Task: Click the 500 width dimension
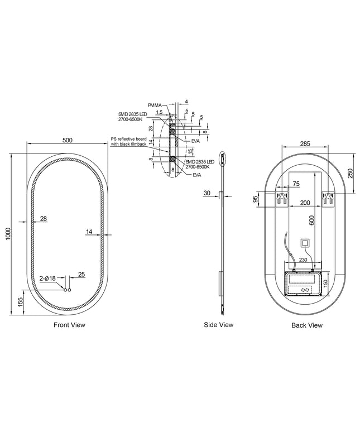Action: click(x=67, y=140)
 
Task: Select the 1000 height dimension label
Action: click(x=8, y=233)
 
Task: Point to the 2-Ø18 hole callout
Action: click(x=47, y=279)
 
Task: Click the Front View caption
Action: click(x=69, y=325)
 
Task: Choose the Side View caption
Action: click(x=219, y=325)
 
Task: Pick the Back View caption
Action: click(x=307, y=325)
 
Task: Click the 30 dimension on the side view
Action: click(x=207, y=193)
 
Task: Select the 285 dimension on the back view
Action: click(x=305, y=143)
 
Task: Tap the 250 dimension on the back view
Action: click(x=350, y=173)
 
